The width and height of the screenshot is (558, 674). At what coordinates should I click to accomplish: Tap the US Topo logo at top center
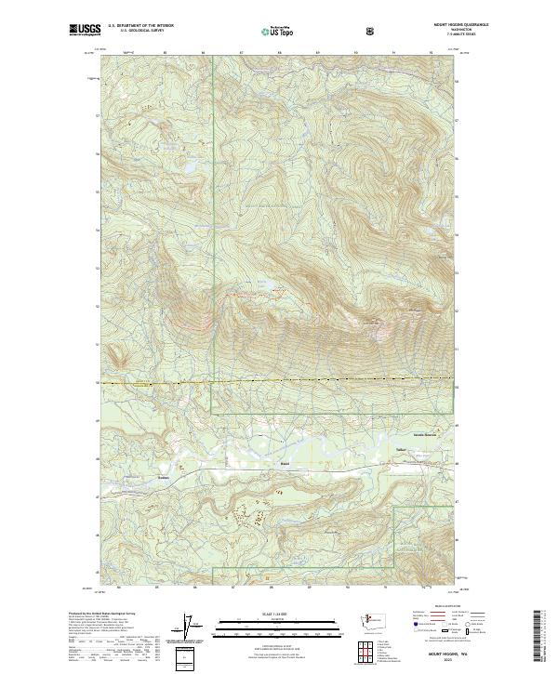(268, 31)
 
